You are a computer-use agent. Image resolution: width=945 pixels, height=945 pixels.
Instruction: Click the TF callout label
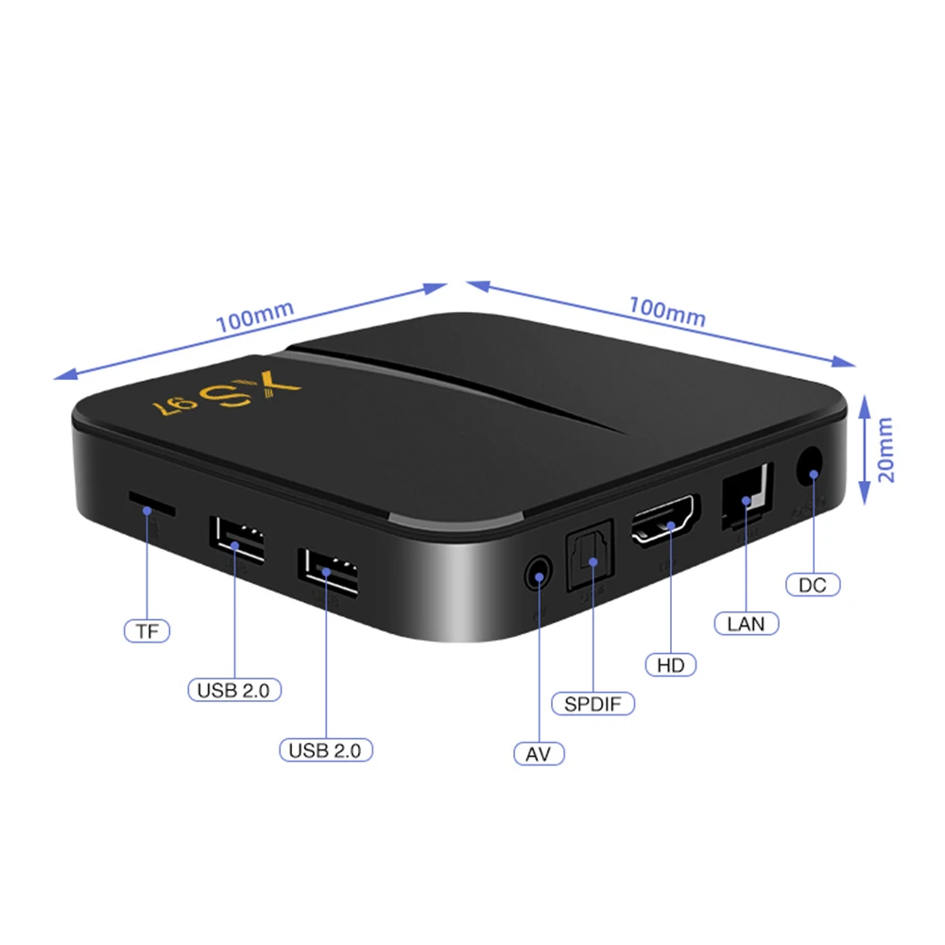click(x=146, y=631)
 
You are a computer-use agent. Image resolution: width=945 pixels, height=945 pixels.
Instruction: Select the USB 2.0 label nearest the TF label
click(x=233, y=690)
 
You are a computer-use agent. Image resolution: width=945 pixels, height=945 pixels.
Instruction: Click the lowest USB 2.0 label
click(x=326, y=750)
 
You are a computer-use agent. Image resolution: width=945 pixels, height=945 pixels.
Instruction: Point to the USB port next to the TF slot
click(x=236, y=541)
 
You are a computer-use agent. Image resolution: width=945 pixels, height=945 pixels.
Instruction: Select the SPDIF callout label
click(x=593, y=704)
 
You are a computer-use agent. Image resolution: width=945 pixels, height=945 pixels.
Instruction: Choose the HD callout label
click(x=671, y=664)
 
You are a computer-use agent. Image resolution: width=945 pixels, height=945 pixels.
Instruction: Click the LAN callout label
click(x=747, y=624)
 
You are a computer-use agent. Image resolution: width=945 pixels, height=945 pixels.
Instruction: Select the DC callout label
click(x=813, y=585)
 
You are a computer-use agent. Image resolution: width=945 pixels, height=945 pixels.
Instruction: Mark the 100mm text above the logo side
click(x=255, y=314)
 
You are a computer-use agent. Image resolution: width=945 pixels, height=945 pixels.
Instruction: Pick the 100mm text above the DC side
click(x=667, y=311)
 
